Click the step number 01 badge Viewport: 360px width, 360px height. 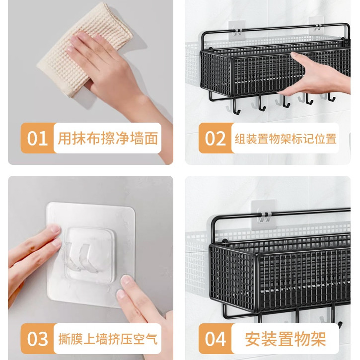pyautogui.click(x=38, y=138)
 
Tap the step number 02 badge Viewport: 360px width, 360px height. pyautogui.click(x=216, y=138)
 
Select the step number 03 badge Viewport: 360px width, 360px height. pyautogui.click(x=38, y=339)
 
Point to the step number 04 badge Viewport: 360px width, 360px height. pyautogui.click(x=216, y=339)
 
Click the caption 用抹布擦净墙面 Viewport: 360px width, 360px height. pyautogui.click(x=108, y=138)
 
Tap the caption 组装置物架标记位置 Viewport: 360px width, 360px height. pyautogui.click(x=286, y=139)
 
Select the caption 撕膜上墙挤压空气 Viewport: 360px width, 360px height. pyautogui.click(x=108, y=339)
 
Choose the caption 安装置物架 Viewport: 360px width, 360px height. pyautogui.click(x=286, y=339)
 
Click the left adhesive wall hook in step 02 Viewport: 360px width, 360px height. pyautogui.click(x=236, y=30)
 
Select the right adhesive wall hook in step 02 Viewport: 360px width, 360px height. pyautogui.click(x=317, y=27)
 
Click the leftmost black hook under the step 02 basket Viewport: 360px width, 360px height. pyautogui.click(x=236, y=106)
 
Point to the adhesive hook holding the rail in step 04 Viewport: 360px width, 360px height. pyautogui.click(x=264, y=215)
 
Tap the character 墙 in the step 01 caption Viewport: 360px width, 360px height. pyautogui.click(x=137, y=138)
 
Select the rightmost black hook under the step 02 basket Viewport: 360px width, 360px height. pyautogui.click(x=331, y=97)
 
